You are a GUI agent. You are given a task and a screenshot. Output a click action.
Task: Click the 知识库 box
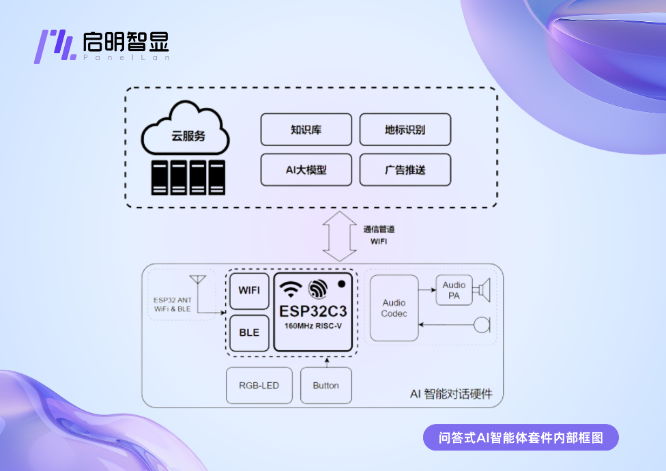(x=306, y=130)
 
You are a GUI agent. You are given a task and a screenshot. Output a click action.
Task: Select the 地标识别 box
(x=405, y=130)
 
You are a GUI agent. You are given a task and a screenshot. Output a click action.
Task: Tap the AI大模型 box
(x=306, y=170)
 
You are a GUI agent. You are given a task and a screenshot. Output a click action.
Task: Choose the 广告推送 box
(x=405, y=170)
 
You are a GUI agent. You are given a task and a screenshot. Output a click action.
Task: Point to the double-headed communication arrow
(x=339, y=235)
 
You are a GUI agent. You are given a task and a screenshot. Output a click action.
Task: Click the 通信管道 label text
(x=380, y=229)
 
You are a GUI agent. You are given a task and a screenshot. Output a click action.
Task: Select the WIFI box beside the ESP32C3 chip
(x=249, y=290)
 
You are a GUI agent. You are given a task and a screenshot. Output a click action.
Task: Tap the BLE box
(x=249, y=332)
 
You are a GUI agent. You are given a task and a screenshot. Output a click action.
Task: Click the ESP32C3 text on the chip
(x=313, y=311)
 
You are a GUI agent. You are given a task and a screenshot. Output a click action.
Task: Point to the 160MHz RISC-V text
(x=313, y=326)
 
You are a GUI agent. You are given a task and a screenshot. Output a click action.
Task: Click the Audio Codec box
(x=394, y=308)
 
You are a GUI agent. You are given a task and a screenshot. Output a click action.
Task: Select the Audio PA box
(x=454, y=290)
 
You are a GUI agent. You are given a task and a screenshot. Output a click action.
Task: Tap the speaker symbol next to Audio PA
(x=484, y=290)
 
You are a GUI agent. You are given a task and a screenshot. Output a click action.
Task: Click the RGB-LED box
(x=259, y=386)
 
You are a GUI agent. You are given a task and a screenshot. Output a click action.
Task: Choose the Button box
(x=325, y=386)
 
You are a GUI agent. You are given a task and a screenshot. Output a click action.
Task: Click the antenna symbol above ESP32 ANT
(x=198, y=281)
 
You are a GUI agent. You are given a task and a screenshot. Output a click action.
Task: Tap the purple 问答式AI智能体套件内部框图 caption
(x=520, y=438)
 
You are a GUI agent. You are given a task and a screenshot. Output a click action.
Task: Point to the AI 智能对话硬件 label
(x=451, y=394)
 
